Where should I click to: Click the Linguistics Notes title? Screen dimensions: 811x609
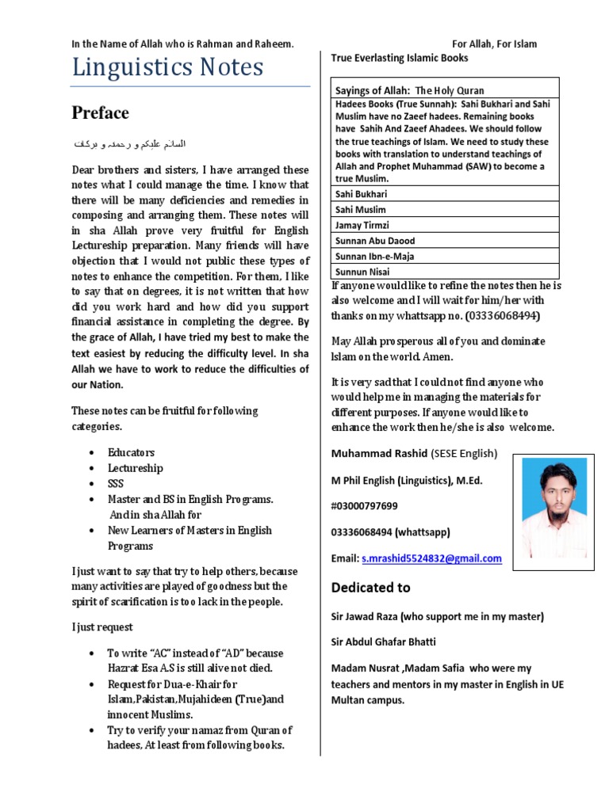(167, 68)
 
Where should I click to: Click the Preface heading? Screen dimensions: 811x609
(100, 113)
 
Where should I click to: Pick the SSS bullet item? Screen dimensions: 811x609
(116, 484)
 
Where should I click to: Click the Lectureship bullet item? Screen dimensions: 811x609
(136, 468)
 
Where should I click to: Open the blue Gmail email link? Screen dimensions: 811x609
(431, 558)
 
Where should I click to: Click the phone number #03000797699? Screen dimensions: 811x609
(365, 505)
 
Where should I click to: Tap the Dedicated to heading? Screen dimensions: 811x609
(370, 588)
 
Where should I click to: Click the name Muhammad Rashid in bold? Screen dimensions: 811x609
(368, 454)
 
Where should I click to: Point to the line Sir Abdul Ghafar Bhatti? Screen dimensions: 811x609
(384, 642)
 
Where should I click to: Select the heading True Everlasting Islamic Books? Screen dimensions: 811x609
(399, 58)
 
